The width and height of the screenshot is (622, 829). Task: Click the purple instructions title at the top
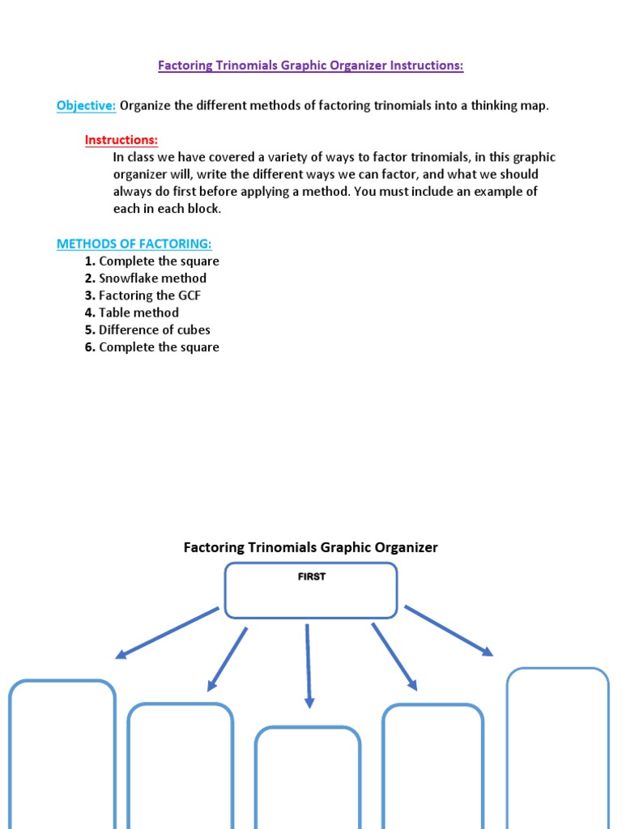(x=310, y=66)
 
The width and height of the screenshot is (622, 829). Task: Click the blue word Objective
(x=86, y=106)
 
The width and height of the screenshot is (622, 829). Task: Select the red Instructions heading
(x=121, y=140)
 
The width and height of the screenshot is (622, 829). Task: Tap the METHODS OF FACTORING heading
(x=134, y=244)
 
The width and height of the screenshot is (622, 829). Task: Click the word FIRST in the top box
(x=311, y=577)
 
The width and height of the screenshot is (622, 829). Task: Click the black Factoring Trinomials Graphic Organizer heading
(x=310, y=547)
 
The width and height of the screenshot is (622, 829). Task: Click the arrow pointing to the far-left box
(x=167, y=632)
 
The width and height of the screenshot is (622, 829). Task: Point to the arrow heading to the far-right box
(x=449, y=630)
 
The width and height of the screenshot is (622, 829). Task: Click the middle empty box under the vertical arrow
(x=308, y=777)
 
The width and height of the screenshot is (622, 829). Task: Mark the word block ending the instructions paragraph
(x=203, y=209)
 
